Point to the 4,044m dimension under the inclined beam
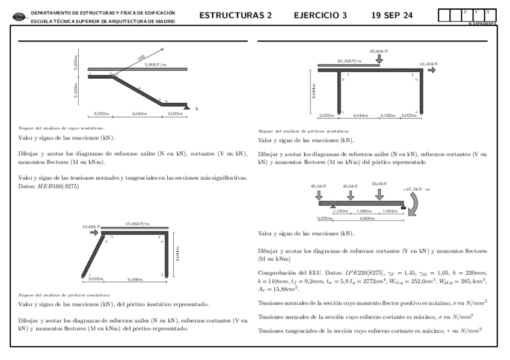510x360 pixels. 138,113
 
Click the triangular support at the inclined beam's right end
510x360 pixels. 188,107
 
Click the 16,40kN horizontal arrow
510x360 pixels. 432,70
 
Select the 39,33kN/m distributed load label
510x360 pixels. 349,61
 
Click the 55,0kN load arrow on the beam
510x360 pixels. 379,195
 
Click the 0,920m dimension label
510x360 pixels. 325,219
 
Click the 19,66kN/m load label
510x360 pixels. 137,224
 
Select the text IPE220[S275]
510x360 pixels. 354,273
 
